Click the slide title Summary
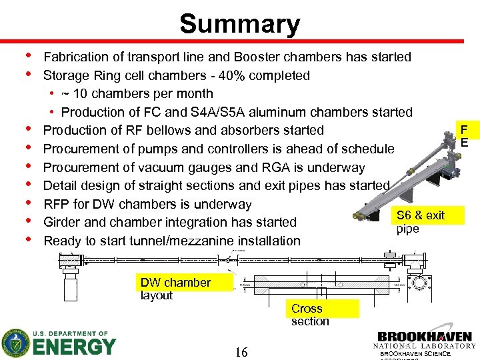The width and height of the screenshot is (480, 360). [239, 24]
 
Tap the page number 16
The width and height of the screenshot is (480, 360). [241, 352]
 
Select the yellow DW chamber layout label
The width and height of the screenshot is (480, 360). [175, 289]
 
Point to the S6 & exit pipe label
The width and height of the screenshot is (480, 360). [420, 222]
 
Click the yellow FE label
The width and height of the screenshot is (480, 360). [464, 136]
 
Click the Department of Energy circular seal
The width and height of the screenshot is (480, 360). [15, 343]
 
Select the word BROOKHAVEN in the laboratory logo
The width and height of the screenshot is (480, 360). [425, 337]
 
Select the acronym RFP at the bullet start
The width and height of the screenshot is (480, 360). [57, 204]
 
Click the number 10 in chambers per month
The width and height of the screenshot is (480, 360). [83, 94]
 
